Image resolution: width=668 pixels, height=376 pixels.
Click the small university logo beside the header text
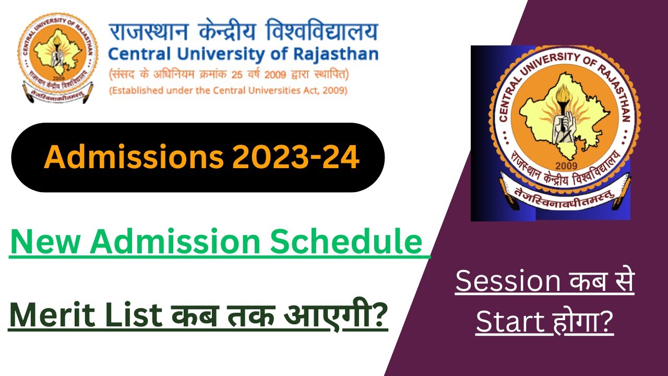[57, 58]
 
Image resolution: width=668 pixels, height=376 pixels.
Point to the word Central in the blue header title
[136, 54]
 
